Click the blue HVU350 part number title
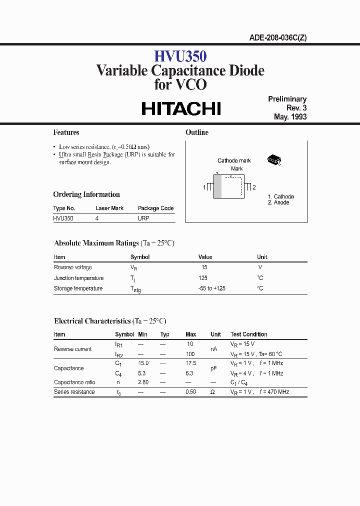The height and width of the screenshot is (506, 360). point(180,55)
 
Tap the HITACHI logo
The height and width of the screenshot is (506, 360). point(181,109)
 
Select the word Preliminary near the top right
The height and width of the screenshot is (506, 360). point(287,99)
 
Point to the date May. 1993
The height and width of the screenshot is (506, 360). point(290,117)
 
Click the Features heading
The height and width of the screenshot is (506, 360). point(66,132)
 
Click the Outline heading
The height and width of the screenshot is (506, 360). point(197,132)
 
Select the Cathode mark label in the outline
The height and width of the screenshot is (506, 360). point(234,160)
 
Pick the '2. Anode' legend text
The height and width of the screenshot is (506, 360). point(278,202)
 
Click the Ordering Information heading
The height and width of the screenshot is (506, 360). point(86,194)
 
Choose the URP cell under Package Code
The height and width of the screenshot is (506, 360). point(143,218)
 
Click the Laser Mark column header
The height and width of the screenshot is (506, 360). point(109,208)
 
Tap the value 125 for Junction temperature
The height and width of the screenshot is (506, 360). point(203,278)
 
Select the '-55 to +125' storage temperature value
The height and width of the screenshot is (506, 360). point(211,288)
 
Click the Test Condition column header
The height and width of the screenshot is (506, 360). point(248,334)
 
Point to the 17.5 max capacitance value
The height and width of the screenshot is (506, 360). point(190,363)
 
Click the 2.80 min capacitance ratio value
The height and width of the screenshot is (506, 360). point(143,382)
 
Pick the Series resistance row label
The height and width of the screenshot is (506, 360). point(74,392)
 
